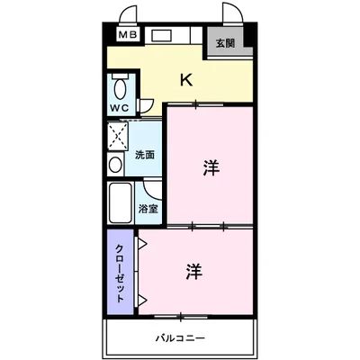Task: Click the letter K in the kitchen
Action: tap(185, 80)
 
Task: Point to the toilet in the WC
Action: tap(121, 89)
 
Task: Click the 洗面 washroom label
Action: tap(144, 155)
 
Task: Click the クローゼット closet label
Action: tap(119, 272)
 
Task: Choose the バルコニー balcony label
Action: tap(179, 338)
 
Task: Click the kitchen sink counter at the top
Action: tap(167, 37)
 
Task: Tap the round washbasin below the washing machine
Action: tap(115, 166)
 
